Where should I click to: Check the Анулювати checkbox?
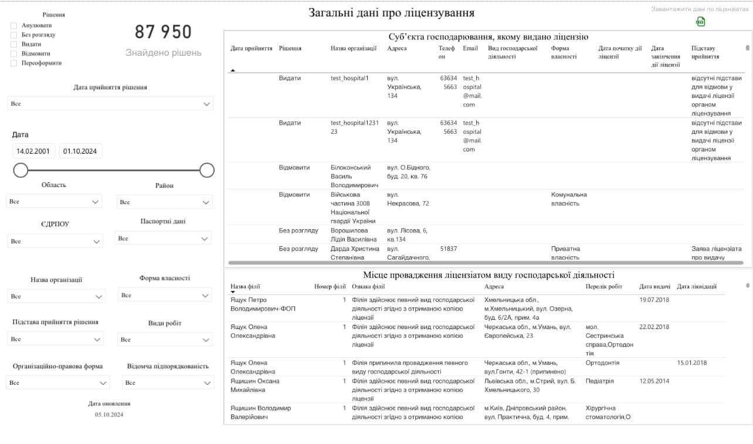click(13, 26)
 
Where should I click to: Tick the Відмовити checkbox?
click(13, 54)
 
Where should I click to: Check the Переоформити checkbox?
click(13, 63)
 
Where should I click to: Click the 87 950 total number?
click(163, 32)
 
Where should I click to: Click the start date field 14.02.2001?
click(33, 151)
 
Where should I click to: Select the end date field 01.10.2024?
click(80, 151)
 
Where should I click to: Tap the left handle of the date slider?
click(21, 170)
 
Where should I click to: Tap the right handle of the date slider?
click(207, 170)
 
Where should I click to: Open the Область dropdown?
click(54, 202)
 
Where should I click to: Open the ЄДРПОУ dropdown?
click(55, 241)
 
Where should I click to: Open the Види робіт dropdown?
click(165, 340)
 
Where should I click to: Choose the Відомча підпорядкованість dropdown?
click(167, 383)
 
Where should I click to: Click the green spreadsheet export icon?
click(700, 22)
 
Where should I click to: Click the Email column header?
click(470, 49)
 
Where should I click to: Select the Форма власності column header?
click(564, 52)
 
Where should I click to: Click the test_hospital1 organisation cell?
click(350, 78)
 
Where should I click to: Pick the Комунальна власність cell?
click(569, 199)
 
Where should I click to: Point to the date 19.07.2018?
click(654, 300)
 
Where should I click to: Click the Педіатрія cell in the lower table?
click(599, 381)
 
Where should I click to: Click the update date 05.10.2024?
click(109, 415)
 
